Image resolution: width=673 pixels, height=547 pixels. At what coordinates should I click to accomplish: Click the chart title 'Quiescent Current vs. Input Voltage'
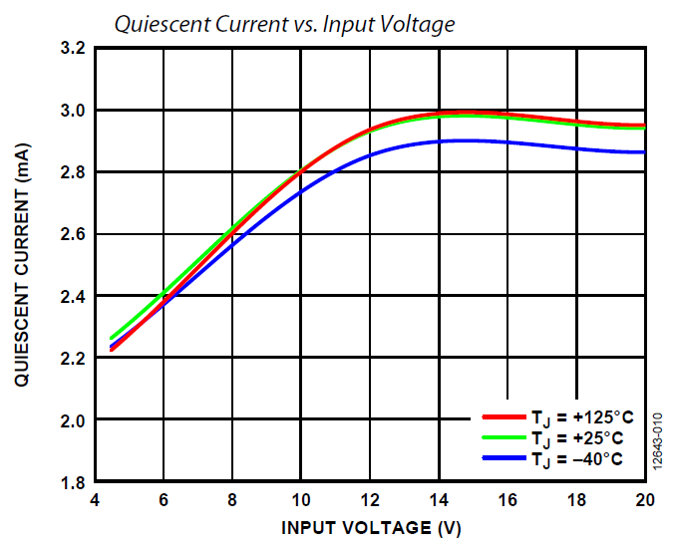284,23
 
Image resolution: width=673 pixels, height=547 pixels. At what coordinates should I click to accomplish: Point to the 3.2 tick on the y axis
73,48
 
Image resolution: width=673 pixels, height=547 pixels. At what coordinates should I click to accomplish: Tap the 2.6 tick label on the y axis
73,234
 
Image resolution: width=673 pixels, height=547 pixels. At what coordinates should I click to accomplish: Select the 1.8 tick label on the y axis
73,482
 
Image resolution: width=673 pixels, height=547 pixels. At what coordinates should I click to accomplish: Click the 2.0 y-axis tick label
73,420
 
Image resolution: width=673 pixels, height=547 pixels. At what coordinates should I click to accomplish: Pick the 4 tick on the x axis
95,500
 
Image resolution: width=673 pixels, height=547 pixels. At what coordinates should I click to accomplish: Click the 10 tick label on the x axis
300,500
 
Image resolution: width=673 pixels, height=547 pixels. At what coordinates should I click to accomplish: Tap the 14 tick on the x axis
438,500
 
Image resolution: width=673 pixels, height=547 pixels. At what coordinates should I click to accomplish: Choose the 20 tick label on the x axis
643,500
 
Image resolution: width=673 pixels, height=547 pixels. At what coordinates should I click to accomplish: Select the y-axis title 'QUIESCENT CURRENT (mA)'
22,265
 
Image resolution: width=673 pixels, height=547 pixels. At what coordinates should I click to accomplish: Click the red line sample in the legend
503,416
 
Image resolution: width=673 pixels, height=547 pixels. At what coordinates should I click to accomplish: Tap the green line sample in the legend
503,437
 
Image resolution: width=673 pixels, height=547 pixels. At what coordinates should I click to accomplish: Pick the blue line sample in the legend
503,458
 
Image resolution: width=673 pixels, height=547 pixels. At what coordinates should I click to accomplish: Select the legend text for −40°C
579,459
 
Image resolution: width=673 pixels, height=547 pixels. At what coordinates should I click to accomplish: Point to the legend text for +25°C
579,438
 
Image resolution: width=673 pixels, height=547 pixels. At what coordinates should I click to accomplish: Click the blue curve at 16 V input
506,142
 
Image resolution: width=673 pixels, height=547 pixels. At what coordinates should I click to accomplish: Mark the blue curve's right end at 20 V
644,152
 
